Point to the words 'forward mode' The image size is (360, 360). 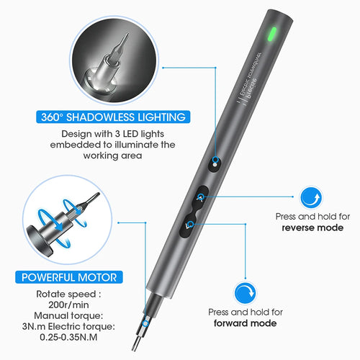[x=246, y=323]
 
